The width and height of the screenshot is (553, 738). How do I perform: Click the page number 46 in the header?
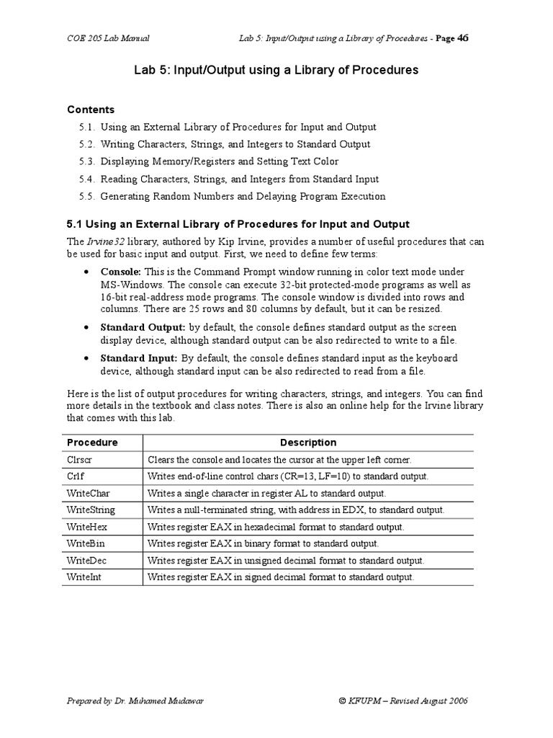click(x=463, y=38)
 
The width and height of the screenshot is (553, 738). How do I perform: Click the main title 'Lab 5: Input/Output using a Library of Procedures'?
click(x=276, y=71)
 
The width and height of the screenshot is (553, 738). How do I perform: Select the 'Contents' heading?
click(x=91, y=110)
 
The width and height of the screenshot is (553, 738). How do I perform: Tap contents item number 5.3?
click(x=87, y=161)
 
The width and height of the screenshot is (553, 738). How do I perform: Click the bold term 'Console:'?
click(x=121, y=272)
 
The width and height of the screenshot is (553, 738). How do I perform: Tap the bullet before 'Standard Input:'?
click(x=86, y=358)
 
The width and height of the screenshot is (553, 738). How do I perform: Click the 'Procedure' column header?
click(x=92, y=443)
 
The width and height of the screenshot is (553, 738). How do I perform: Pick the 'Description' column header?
click(x=307, y=443)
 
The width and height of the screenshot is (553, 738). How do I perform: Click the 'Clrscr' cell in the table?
click(x=80, y=460)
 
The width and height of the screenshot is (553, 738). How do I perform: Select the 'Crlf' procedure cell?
click(x=76, y=476)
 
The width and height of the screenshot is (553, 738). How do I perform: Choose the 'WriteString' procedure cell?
click(x=91, y=510)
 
